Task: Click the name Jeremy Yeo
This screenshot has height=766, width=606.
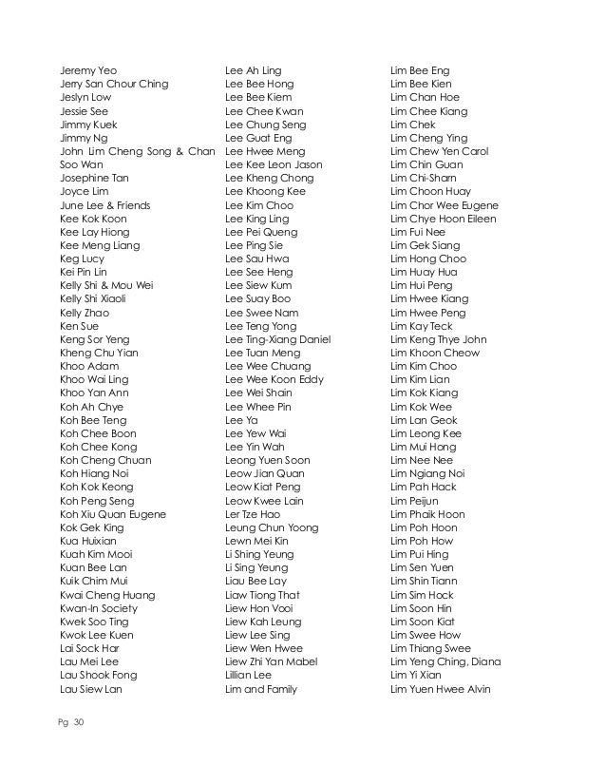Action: click(x=82, y=70)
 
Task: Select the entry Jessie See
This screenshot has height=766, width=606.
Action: click(x=82, y=111)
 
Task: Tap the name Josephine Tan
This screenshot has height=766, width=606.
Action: click(x=93, y=178)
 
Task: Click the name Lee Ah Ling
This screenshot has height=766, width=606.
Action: click(x=253, y=70)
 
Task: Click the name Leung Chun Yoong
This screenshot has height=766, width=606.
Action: click(x=273, y=527)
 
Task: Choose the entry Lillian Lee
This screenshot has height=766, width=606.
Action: click(x=248, y=677)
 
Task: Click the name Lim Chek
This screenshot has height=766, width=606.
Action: click(x=412, y=124)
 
